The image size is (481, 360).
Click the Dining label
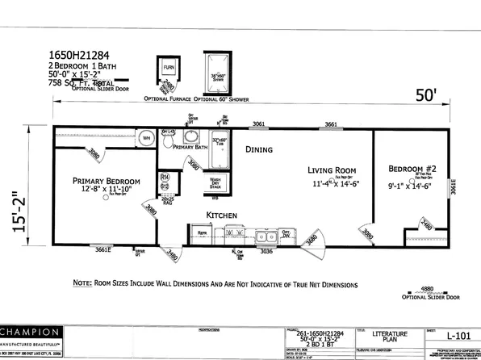(258, 149)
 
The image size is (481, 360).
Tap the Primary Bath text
(190, 148)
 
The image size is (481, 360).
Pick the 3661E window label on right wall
(453, 187)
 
